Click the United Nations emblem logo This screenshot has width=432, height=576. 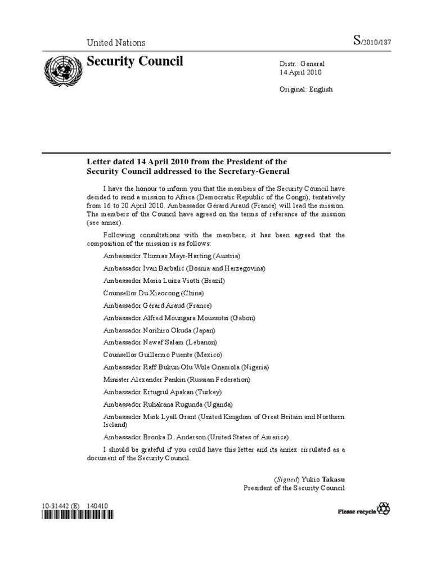click(62, 71)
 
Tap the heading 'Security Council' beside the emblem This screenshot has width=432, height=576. click(135, 61)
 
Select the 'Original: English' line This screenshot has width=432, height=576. click(307, 89)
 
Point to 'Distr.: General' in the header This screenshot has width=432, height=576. click(303, 64)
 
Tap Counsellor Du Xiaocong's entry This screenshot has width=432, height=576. click(154, 293)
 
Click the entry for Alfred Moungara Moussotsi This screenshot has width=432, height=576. click(179, 318)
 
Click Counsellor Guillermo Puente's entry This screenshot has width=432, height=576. click(163, 355)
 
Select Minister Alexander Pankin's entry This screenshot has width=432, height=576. click(177, 380)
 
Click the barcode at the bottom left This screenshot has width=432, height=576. click(76, 514)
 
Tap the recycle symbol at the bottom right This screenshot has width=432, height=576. click(384, 510)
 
